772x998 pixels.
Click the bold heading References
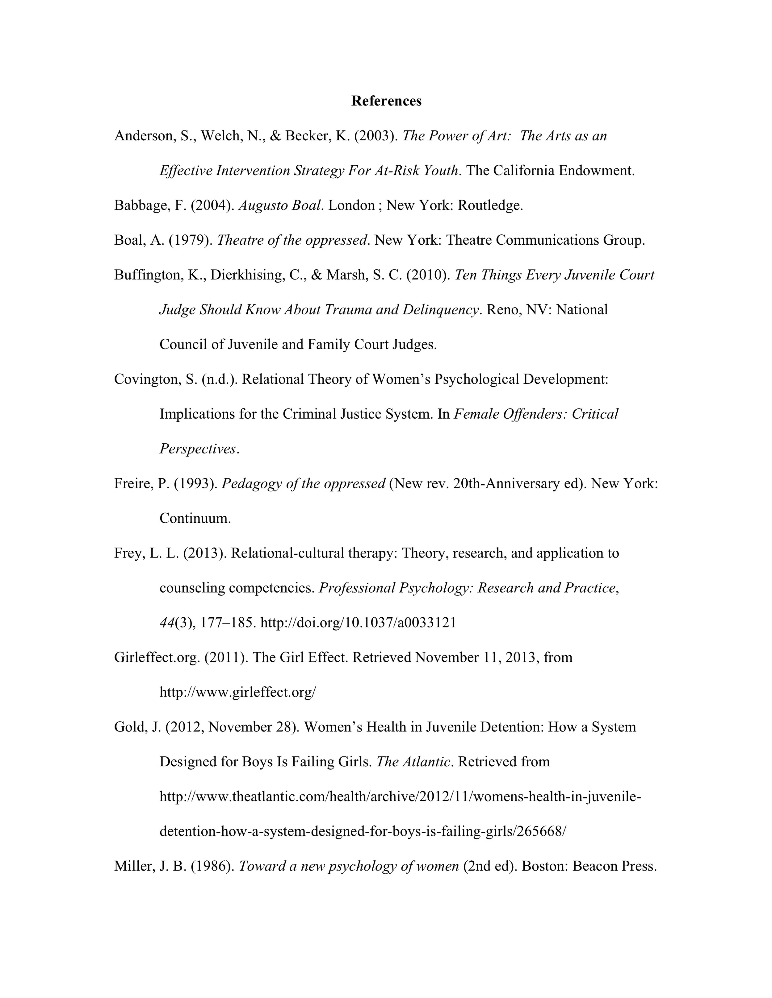(x=386, y=101)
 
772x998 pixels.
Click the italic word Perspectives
(x=198, y=449)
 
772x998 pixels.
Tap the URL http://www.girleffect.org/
(x=237, y=692)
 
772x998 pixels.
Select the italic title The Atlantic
(x=413, y=762)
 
